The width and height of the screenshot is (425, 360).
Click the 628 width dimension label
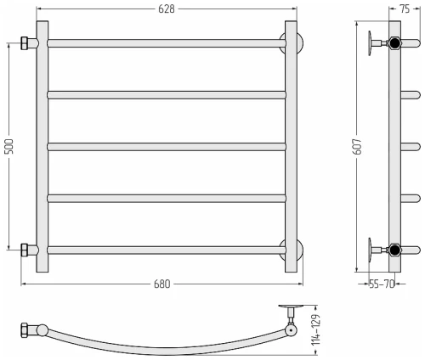[167, 9]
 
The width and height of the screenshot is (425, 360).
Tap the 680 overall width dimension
[162, 284]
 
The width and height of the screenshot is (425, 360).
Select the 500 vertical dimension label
[9, 146]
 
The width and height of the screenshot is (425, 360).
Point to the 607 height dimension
[358, 146]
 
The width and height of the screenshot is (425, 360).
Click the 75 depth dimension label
[405, 9]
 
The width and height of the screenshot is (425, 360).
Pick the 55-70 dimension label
[382, 284]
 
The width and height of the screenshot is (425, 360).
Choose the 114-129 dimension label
[315, 329]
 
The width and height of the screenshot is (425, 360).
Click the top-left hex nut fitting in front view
[25, 43]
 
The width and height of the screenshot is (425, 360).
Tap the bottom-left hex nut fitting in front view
[25, 250]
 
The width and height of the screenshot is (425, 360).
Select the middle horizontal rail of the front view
[167, 147]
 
